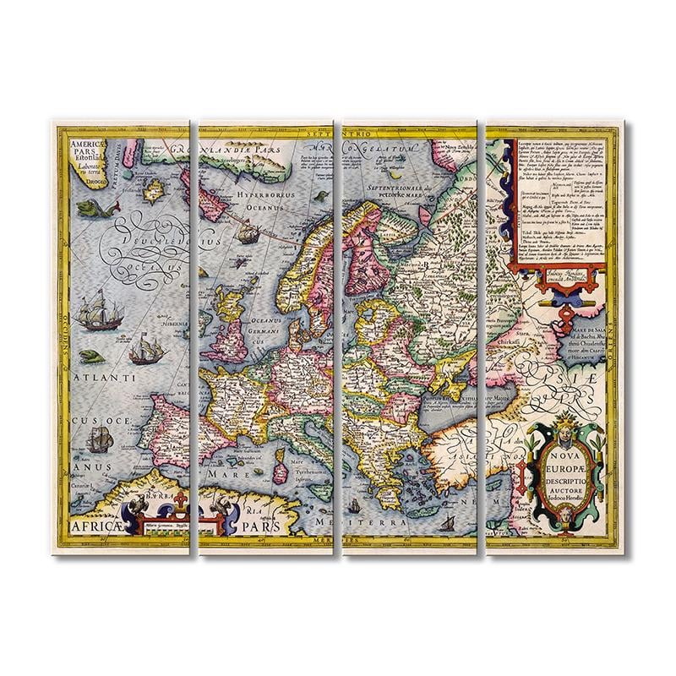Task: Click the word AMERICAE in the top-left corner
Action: [x=78, y=144]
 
